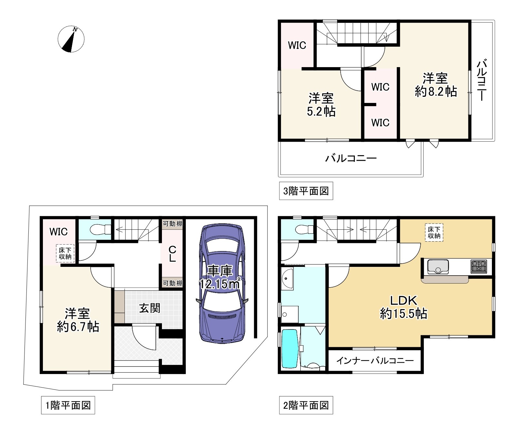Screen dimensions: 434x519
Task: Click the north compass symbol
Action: tap(71, 39)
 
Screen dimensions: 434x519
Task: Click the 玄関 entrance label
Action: tap(150, 308)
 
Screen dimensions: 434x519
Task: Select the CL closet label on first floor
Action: tap(173, 254)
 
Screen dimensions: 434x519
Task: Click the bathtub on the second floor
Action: tap(290, 348)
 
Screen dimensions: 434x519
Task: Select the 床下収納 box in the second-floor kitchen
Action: tap(434, 232)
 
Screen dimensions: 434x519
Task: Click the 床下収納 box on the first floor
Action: tap(65, 253)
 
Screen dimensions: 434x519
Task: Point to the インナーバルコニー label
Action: tap(375, 360)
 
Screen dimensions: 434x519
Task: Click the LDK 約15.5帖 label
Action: tap(404, 307)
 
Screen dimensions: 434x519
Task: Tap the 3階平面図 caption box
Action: tap(306, 191)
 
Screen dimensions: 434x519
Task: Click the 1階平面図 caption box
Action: tap(68, 405)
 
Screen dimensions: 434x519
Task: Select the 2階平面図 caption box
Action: tap(306, 405)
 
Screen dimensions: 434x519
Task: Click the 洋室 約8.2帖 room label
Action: tap(435, 85)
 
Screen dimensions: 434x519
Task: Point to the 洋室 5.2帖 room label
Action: tap(321, 105)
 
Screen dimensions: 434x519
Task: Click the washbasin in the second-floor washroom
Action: tap(287, 279)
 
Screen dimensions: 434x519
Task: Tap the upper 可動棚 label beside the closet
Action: tap(173, 224)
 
